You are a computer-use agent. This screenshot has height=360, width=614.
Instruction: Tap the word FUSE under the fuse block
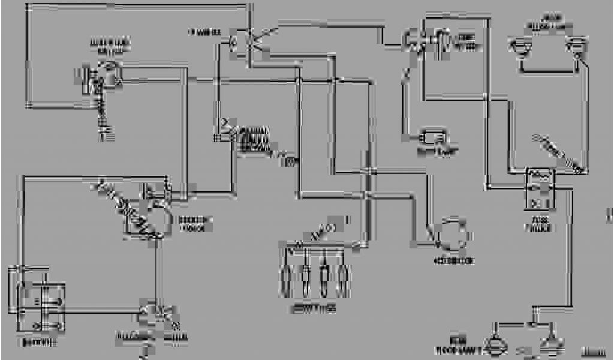540,223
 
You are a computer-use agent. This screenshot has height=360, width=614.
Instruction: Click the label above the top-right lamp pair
547,23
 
